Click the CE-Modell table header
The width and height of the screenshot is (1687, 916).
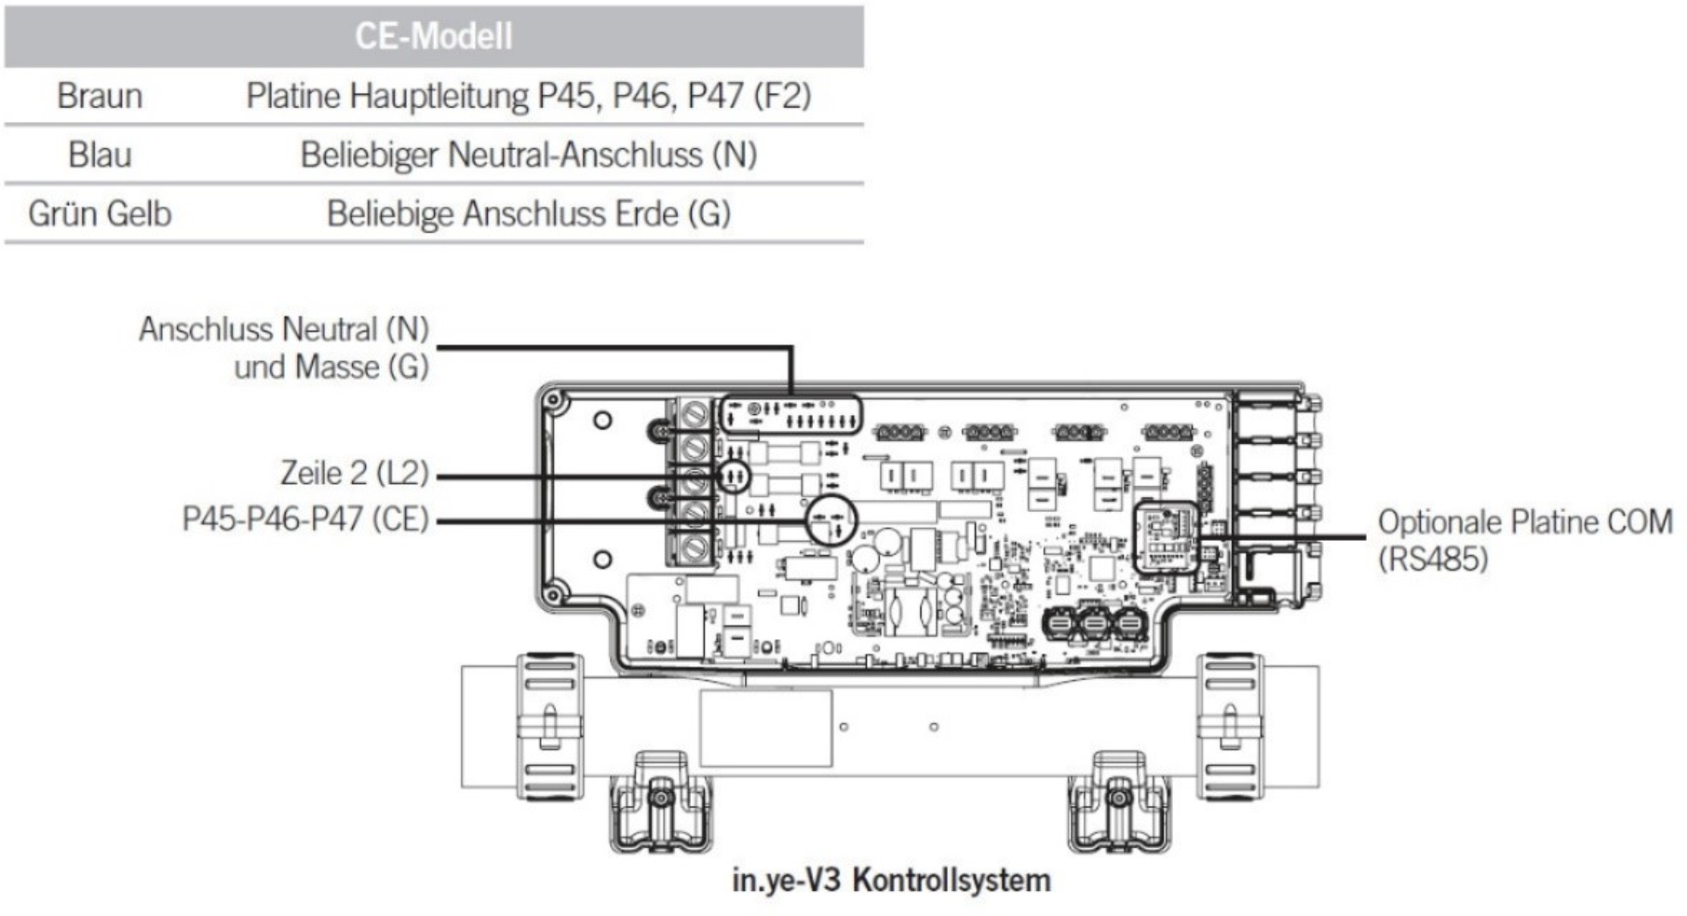433,36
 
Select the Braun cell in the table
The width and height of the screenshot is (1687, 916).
100,96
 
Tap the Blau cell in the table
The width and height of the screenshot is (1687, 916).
100,155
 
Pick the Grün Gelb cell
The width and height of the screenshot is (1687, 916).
100,213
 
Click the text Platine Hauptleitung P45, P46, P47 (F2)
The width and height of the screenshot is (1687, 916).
528,96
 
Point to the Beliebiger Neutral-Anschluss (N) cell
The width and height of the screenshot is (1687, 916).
528,155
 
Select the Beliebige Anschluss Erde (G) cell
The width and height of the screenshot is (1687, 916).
528,213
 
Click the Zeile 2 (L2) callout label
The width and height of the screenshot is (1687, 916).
355,473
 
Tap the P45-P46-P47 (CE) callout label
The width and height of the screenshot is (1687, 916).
305,519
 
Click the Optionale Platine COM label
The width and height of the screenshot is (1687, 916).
1525,521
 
